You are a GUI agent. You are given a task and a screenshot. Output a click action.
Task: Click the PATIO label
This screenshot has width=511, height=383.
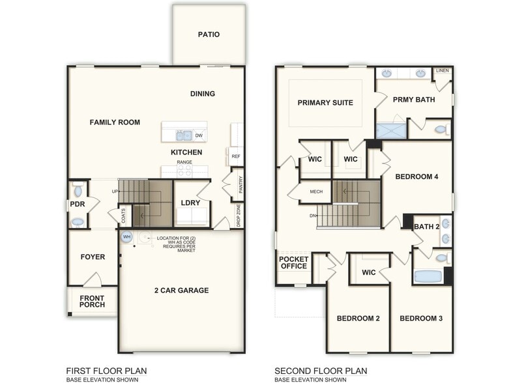coord(209,35)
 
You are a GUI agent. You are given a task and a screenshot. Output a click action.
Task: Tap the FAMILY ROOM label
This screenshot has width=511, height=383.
coord(115,122)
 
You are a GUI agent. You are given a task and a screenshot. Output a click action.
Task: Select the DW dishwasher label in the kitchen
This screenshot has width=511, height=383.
coord(198,136)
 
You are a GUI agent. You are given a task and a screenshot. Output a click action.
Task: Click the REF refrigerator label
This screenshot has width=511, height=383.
coord(235,156)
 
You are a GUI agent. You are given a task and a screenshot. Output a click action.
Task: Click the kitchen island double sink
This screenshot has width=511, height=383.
coord(183,135)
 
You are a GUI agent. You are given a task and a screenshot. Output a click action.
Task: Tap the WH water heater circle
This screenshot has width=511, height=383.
coord(126,236)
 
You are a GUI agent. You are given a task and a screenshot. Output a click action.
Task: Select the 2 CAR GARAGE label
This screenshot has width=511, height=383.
coord(181,290)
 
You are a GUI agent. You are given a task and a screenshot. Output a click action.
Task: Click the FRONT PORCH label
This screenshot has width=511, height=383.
coord(92,301)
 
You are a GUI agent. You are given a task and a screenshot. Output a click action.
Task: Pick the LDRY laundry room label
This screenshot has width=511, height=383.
coord(190,203)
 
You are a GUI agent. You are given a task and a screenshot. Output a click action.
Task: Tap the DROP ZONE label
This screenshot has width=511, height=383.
coord(239,214)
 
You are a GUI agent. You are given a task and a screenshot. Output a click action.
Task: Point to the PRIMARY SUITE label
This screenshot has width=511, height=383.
coord(325,103)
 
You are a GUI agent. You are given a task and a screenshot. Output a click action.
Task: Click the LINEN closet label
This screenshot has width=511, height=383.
coord(443,70)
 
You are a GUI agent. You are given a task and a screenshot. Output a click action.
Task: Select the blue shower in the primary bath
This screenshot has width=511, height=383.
coord(390,130)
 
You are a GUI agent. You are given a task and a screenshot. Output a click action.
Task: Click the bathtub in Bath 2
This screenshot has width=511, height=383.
coord(428,276)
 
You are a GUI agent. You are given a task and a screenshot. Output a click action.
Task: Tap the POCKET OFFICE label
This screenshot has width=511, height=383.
coord(293,262)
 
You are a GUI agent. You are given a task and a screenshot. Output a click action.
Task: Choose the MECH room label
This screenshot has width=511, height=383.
coord(316,191)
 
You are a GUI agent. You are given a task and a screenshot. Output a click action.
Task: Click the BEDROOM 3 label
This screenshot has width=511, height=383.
coord(421,319)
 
